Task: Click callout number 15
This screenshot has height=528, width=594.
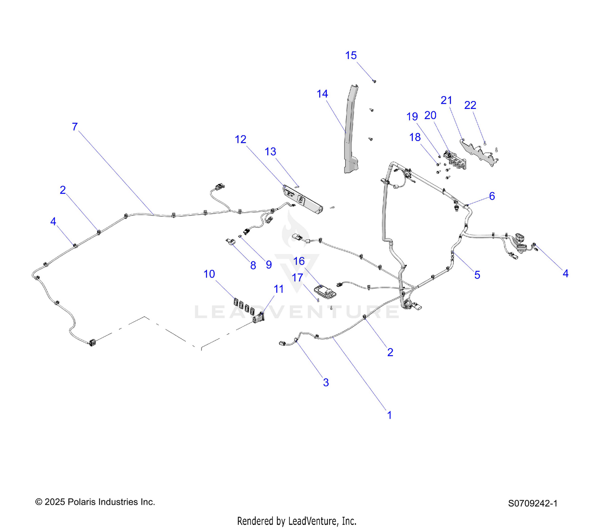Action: click(x=350, y=55)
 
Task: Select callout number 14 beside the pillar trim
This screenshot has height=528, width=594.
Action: click(x=322, y=94)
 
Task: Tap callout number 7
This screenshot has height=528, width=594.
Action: click(x=75, y=127)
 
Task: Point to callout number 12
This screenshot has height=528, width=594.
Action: click(x=240, y=139)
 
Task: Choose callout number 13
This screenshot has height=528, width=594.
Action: click(x=270, y=152)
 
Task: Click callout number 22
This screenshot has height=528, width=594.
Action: click(x=470, y=105)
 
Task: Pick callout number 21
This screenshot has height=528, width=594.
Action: click(x=446, y=100)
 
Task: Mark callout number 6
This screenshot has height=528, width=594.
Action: click(x=492, y=196)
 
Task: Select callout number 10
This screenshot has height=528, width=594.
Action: click(x=209, y=274)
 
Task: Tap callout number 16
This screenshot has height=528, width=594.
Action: click(x=299, y=261)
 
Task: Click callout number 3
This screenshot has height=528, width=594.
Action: click(x=326, y=382)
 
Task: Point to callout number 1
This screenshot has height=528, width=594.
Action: click(x=389, y=415)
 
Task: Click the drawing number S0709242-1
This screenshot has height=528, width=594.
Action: click(x=533, y=504)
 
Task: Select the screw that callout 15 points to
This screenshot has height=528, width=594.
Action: click(x=374, y=81)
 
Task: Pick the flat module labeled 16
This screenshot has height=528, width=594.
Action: click(x=325, y=292)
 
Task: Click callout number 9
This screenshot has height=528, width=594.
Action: click(x=268, y=265)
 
